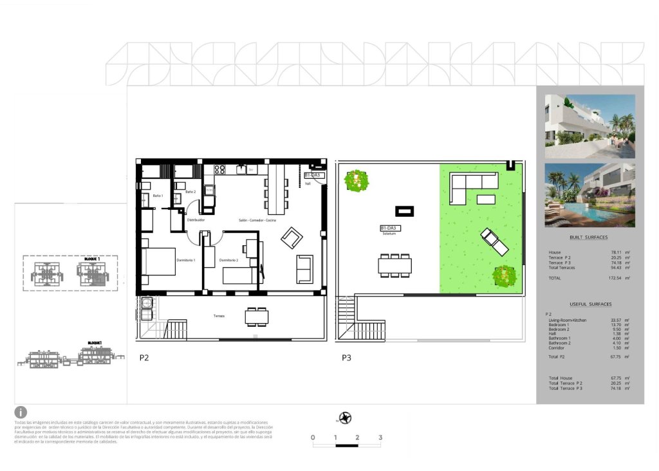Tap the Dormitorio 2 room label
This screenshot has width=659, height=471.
(x=228, y=259)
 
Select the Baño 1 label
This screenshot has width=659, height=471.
(x=158, y=196)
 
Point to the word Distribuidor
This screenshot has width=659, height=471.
(x=196, y=220)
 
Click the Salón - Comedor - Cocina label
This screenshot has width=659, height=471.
(x=257, y=220)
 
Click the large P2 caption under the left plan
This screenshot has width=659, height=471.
(x=145, y=358)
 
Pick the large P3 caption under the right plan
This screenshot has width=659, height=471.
(x=348, y=358)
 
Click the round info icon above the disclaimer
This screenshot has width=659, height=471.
(x=21, y=412)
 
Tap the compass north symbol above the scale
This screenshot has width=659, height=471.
(x=346, y=418)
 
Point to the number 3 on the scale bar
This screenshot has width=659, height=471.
(x=380, y=438)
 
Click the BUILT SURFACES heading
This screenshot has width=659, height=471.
(x=588, y=237)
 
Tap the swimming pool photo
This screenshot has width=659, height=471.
(x=589, y=195)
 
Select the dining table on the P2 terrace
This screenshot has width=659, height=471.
(x=256, y=317)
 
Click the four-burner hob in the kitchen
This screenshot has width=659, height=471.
(x=219, y=171)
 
